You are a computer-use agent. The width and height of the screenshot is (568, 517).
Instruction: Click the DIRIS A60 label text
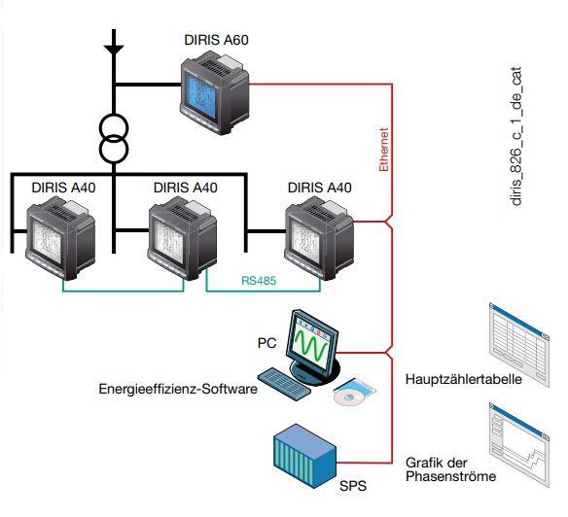tap(216, 40)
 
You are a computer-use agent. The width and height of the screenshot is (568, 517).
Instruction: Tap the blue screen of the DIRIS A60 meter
tap(201, 93)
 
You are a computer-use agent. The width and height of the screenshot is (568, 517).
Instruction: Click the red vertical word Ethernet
tap(383, 149)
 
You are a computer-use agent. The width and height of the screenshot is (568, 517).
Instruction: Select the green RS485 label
tap(259, 281)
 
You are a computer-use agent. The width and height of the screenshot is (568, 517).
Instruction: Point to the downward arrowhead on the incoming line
tap(114, 50)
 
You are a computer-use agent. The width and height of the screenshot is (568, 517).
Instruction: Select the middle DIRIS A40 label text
tap(185, 188)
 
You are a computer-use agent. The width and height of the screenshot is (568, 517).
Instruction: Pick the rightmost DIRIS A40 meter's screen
tap(306, 241)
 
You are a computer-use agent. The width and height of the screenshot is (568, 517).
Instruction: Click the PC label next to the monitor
tap(266, 343)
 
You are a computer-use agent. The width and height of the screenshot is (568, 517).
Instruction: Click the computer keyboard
tap(284, 383)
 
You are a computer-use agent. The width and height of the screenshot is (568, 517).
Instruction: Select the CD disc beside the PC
tap(349, 397)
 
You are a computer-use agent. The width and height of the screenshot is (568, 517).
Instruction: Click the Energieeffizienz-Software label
tap(178, 389)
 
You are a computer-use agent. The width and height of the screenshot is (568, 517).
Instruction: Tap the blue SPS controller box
tap(305, 456)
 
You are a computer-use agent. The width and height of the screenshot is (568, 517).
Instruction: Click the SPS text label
tap(352, 486)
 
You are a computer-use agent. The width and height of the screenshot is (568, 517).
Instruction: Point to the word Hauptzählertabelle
tap(463, 379)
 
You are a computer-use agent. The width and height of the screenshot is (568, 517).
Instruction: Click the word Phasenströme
tap(450, 476)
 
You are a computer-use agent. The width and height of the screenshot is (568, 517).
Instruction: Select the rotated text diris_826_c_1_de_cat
tap(515, 136)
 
